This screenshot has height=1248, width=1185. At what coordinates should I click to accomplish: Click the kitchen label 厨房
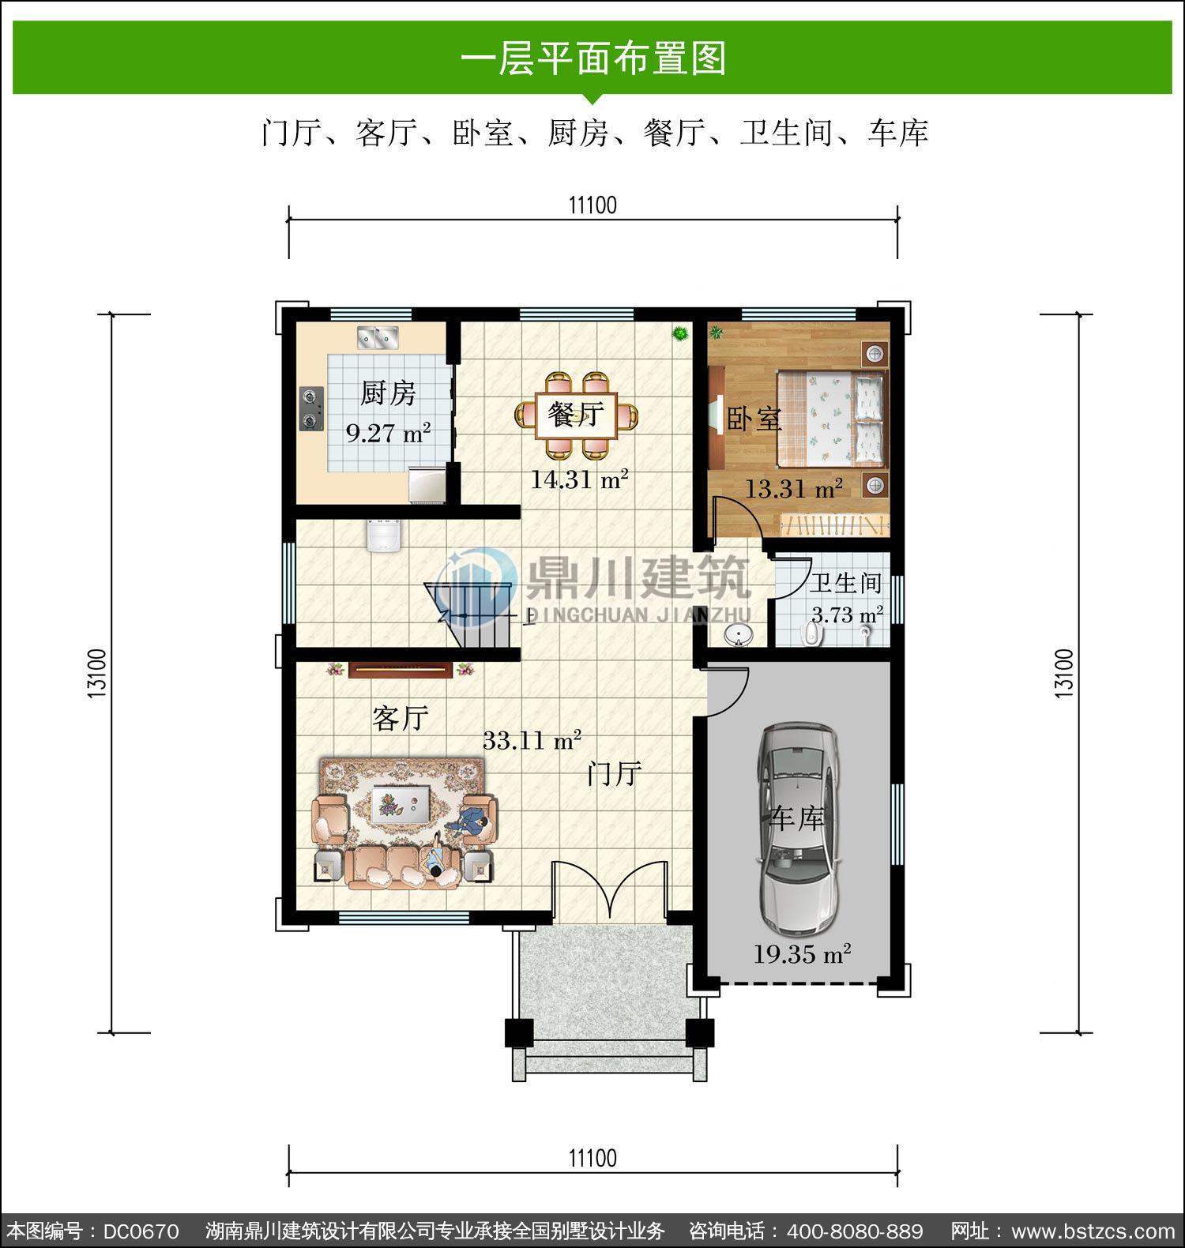(388, 393)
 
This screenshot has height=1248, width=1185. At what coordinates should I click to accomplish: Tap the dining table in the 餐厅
(577, 415)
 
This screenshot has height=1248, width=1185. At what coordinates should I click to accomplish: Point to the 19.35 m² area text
(802, 954)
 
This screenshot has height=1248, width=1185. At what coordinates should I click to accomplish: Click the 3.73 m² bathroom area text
(847, 615)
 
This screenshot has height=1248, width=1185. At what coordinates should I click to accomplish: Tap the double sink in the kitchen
(378, 337)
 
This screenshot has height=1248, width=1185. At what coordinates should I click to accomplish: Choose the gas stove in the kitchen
(312, 408)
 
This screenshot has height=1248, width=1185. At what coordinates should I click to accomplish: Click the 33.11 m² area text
(532, 740)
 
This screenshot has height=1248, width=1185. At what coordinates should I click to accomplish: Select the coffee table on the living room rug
(401, 804)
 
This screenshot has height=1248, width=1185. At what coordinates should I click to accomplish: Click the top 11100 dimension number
(592, 205)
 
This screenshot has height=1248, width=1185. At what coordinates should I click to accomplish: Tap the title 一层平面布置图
(592, 58)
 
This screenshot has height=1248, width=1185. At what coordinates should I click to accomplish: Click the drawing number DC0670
(141, 1231)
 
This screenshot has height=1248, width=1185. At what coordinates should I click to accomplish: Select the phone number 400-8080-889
(855, 1231)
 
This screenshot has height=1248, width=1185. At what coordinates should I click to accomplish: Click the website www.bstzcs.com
(1093, 1231)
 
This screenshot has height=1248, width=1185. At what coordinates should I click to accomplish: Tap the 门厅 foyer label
(614, 773)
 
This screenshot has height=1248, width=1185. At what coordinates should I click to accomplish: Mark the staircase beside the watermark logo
(472, 615)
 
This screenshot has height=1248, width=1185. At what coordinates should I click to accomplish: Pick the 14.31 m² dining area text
(579, 479)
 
